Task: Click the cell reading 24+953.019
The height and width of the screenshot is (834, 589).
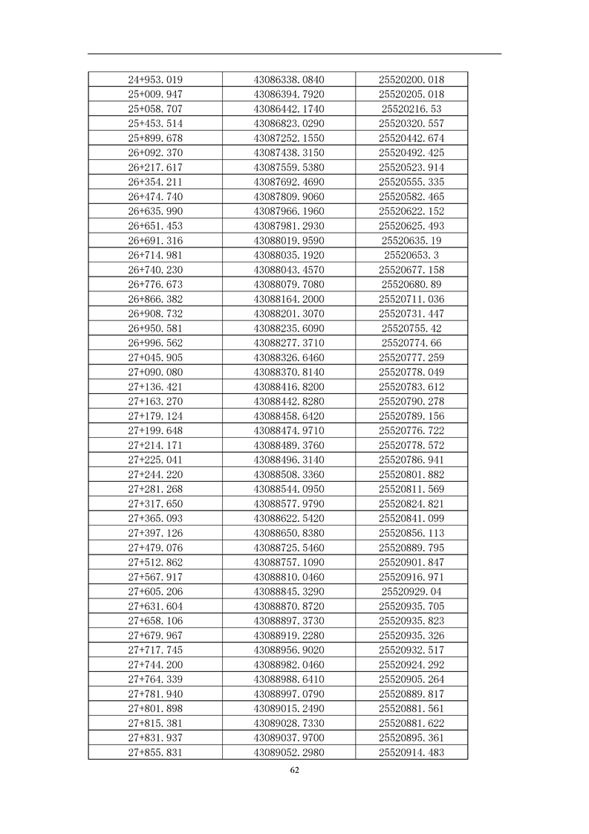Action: (x=155, y=80)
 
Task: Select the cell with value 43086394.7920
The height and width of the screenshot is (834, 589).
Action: (x=289, y=94)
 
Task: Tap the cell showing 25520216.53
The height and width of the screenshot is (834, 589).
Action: (x=411, y=109)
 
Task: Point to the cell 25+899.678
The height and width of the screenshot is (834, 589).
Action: (x=155, y=138)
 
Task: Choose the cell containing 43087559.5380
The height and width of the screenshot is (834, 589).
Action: (x=289, y=167)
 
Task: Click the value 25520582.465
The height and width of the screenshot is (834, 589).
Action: (x=411, y=197)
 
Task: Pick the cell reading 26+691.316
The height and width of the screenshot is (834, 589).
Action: (x=155, y=241)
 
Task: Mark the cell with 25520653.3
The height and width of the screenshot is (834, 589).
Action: (x=411, y=255)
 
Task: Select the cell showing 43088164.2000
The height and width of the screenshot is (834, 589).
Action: (x=289, y=299)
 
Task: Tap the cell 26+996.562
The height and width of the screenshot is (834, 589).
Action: (x=155, y=343)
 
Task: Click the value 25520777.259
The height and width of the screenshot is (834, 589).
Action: (x=411, y=358)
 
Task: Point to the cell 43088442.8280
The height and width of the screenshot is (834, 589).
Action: (x=289, y=401)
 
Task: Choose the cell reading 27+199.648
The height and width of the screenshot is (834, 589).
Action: (x=155, y=430)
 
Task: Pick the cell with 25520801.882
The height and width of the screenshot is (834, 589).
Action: (x=411, y=474)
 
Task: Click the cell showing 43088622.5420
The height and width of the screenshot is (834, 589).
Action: (x=289, y=518)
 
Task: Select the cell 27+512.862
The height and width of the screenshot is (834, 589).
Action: (x=155, y=562)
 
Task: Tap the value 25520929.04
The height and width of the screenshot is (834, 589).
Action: (x=411, y=592)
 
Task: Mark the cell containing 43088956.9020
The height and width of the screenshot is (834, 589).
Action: (x=289, y=650)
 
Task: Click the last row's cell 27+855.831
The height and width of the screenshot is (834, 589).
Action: (x=155, y=752)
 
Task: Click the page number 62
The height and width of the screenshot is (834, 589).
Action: (x=295, y=770)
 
